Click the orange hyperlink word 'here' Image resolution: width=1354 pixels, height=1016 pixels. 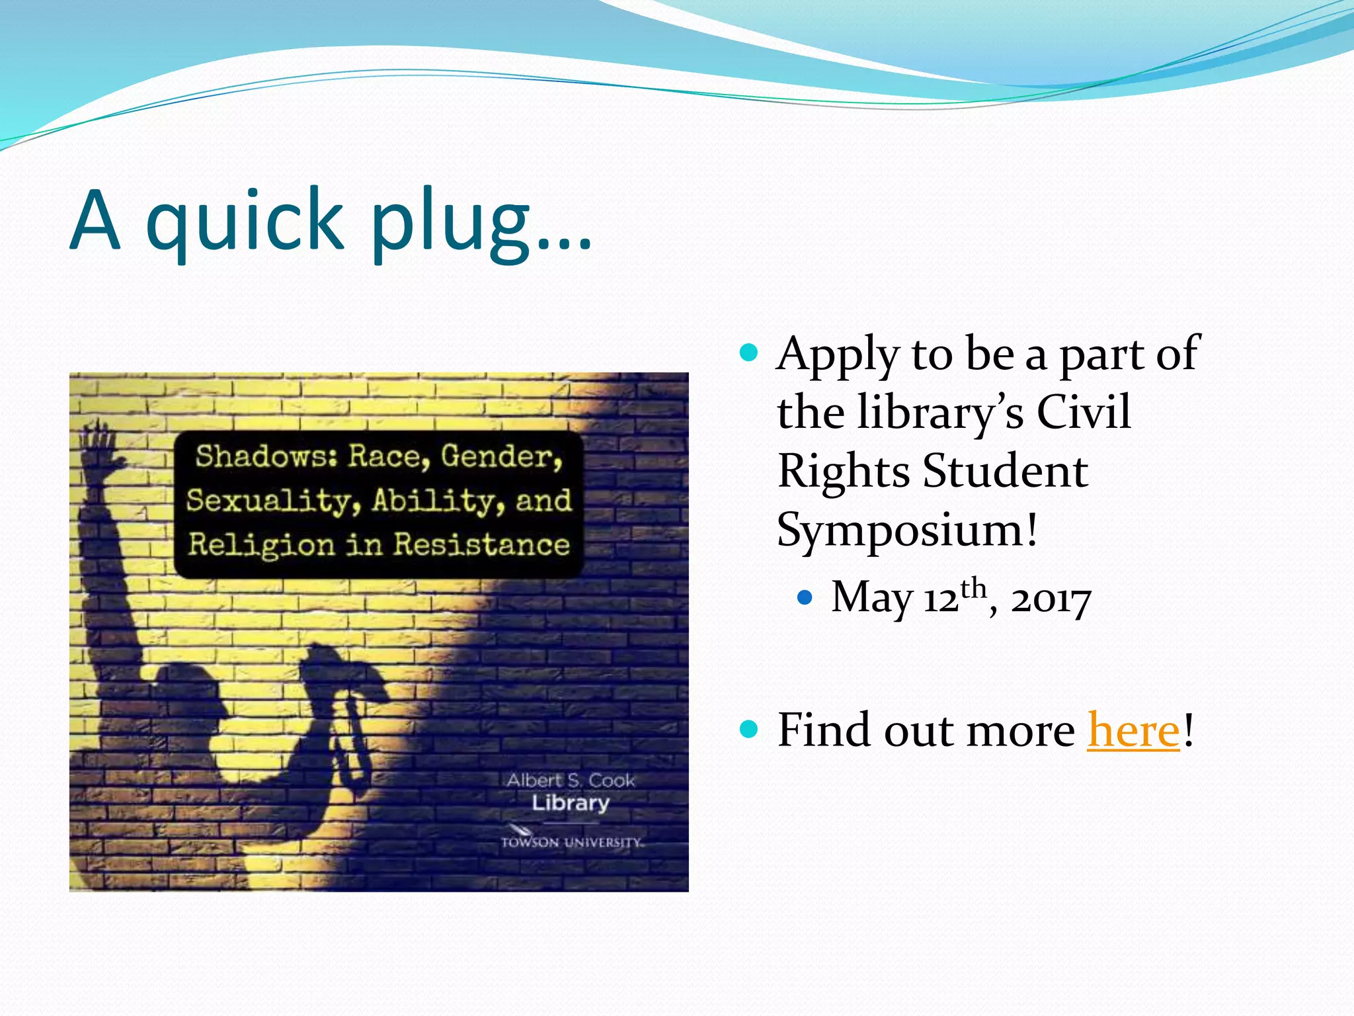point(1133,731)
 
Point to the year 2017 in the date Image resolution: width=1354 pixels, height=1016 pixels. point(1051,600)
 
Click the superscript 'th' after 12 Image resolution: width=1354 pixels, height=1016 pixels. point(973,587)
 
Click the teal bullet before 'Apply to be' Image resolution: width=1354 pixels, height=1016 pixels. point(748,352)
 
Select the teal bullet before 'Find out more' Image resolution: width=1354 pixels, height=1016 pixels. point(748,730)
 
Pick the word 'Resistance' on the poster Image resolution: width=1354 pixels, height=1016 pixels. point(481,545)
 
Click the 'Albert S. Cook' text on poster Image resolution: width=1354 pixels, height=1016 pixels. point(571,781)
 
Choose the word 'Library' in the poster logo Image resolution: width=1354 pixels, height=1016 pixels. point(571,803)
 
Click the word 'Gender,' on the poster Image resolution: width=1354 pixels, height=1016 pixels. point(502,456)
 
